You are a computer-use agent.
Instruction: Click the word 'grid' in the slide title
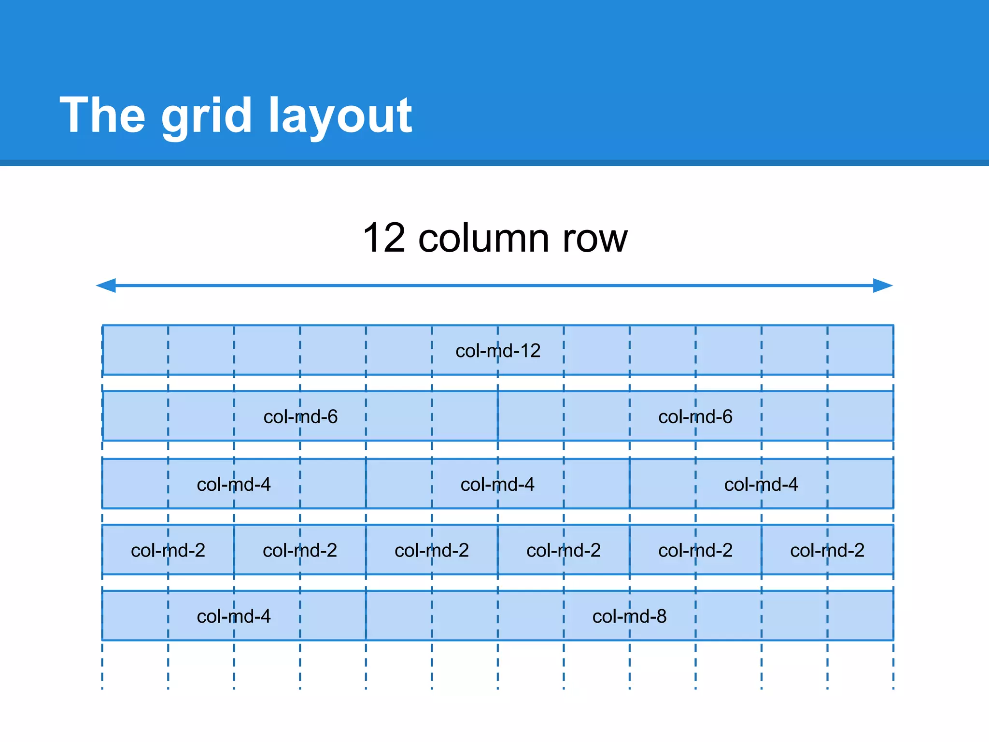(x=206, y=116)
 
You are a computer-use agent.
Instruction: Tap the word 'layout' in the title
(x=340, y=116)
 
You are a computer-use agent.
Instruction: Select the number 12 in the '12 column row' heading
(x=384, y=238)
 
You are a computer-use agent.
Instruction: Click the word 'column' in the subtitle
(x=483, y=238)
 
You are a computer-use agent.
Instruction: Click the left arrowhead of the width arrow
(x=106, y=285)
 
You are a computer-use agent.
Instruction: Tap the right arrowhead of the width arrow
(x=883, y=285)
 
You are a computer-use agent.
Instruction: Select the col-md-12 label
(x=498, y=351)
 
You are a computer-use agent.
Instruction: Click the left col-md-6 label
(x=300, y=417)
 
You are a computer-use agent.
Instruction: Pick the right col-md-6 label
(x=695, y=417)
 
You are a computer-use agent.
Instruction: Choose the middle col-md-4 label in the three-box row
(x=497, y=485)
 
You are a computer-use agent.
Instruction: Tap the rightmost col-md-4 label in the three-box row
(x=761, y=485)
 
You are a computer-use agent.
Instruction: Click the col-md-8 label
(x=629, y=616)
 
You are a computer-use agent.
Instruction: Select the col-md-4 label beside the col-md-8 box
(x=234, y=616)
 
